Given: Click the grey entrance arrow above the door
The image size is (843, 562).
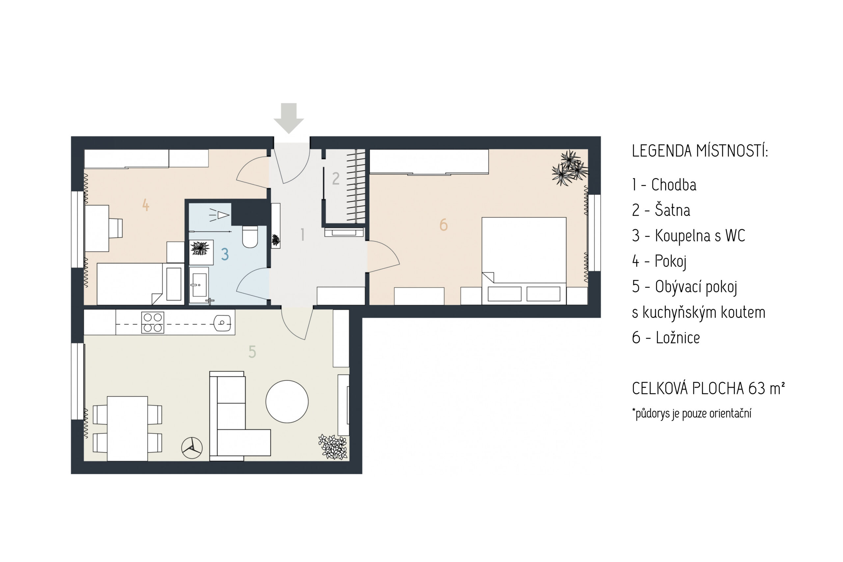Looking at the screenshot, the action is [x=289, y=118].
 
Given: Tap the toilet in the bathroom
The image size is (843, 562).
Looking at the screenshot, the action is [x=250, y=237].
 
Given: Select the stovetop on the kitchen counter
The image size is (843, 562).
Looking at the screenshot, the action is [x=152, y=323].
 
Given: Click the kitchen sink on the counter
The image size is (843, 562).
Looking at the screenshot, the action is [x=222, y=323].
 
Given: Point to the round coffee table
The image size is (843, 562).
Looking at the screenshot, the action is [x=287, y=402].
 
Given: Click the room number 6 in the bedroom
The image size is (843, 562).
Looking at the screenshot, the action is [x=443, y=225].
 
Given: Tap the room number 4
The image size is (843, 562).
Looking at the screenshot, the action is [x=146, y=205].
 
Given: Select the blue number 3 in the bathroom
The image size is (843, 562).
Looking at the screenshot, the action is [x=225, y=254].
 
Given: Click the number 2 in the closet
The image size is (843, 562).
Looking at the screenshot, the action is [x=335, y=178].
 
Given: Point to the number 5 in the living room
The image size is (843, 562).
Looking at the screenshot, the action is [x=252, y=351].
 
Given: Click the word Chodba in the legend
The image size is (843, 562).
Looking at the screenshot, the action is [x=673, y=185].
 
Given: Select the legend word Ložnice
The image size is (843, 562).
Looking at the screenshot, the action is [x=677, y=338].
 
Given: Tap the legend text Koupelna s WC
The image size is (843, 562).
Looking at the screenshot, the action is [x=700, y=236].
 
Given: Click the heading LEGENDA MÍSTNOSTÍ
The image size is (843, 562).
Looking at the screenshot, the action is [x=700, y=151].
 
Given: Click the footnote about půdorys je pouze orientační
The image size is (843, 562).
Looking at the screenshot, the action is [x=692, y=413].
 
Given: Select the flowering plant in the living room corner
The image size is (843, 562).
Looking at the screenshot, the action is [x=333, y=447].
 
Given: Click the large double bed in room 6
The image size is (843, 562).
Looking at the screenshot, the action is [x=524, y=261].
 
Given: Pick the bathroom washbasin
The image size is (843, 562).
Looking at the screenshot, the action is [x=199, y=285].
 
